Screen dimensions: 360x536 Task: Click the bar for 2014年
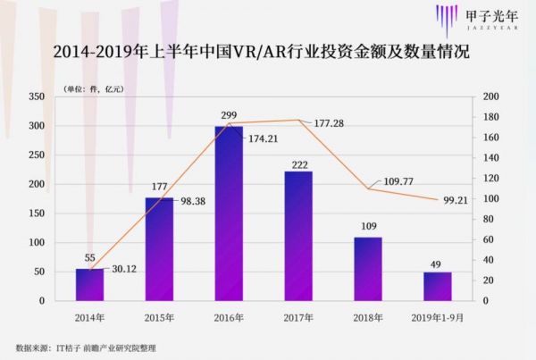click(89, 284)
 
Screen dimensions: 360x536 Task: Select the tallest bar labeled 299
click(229, 213)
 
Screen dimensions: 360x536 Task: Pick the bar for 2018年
click(368, 269)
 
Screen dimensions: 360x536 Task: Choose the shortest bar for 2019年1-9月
click(438, 286)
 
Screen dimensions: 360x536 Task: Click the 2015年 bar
click(159, 249)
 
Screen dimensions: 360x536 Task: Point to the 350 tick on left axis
click(37, 96)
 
